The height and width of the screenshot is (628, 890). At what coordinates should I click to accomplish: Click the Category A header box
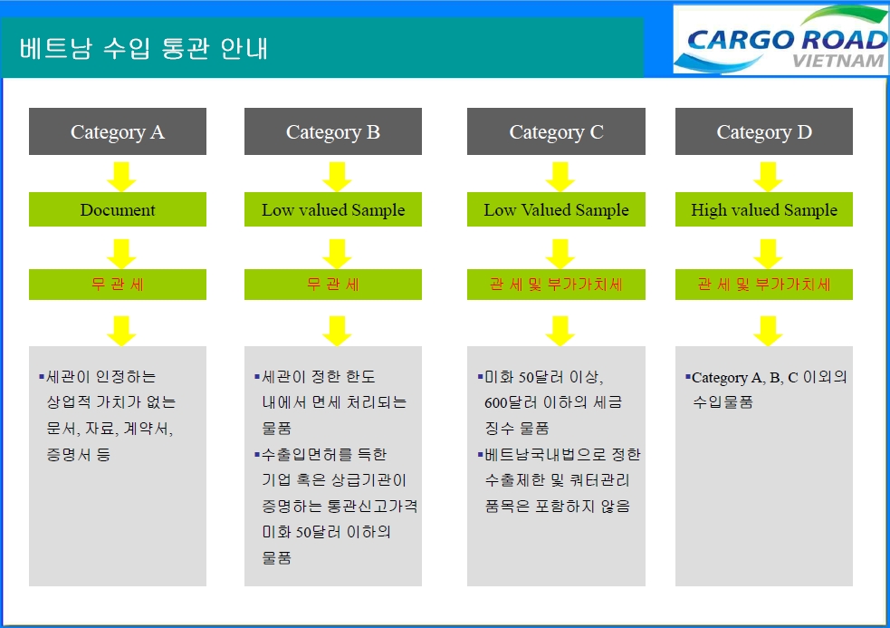tap(118, 131)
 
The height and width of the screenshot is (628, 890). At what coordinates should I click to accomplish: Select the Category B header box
tap(332, 131)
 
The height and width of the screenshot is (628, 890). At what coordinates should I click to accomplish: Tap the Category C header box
tap(556, 131)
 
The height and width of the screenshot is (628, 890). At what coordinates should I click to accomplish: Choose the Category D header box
tap(764, 131)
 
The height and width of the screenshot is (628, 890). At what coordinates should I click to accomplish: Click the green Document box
tap(118, 209)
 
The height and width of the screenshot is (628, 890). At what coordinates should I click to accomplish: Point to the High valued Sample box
tap(764, 209)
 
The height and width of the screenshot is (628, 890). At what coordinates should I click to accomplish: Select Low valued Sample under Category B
tap(332, 209)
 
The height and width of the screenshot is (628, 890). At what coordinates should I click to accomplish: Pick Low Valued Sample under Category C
tap(556, 209)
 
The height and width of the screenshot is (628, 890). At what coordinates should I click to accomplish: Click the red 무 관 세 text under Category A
tap(118, 284)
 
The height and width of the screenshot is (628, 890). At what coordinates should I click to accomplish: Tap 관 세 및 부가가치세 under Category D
tap(764, 284)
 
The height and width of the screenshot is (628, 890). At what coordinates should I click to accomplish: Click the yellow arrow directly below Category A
tap(121, 177)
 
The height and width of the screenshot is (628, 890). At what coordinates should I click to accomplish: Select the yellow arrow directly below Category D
tap(768, 177)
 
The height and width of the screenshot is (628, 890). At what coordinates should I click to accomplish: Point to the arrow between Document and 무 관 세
tap(121, 254)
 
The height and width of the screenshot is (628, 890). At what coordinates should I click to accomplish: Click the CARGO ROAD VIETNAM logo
tap(781, 39)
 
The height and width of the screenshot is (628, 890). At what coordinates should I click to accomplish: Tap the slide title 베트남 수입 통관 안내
tap(144, 48)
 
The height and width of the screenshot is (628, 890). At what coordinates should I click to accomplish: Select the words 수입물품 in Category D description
tap(723, 402)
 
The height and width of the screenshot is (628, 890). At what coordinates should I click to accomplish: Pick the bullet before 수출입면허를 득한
tap(257, 454)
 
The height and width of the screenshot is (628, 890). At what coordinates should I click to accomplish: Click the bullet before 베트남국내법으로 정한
tap(480, 454)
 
